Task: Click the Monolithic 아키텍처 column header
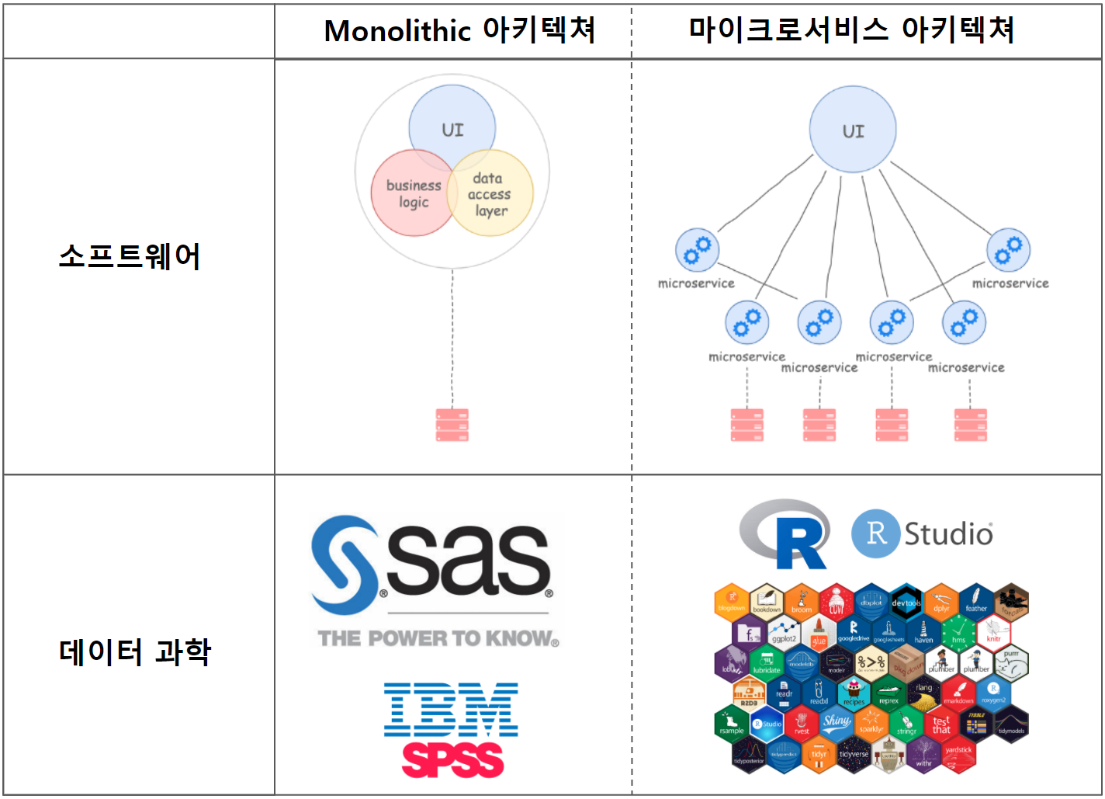[x=459, y=31]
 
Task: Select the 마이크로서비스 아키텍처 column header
[x=851, y=30]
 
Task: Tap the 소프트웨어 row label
[x=130, y=256]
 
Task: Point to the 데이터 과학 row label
[x=134, y=651]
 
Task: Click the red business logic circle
[x=409, y=195]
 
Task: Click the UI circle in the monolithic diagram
[x=452, y=124]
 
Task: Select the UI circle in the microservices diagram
[x=853, y=130]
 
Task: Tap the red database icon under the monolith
[x=452, y=425]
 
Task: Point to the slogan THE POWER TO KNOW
[x=438, y=638]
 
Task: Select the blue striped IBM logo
[x=451, y=709]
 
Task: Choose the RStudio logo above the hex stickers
[x=922, y=533]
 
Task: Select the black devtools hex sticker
[x=906, y=602]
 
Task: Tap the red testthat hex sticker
[x=941, y=724]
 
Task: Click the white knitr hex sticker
[x=993, y=633]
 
